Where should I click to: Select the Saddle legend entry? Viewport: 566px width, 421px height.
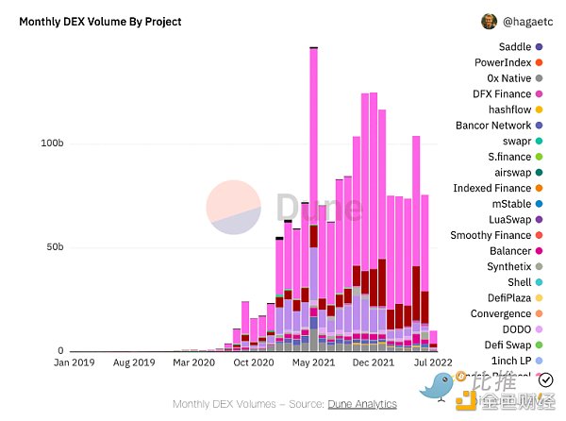[x=514, y=46]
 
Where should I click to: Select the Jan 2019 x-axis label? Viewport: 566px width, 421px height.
[x=75, y=362]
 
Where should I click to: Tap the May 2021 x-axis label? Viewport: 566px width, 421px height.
[x=314, y=362]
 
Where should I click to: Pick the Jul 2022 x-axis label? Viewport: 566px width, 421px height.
[x=433, y=362]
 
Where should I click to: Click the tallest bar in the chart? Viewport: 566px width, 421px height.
[x=313, y=189]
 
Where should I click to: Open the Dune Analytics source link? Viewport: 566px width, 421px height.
[x=362, y=404]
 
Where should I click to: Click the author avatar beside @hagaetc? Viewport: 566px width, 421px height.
[x=490, y=21]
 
